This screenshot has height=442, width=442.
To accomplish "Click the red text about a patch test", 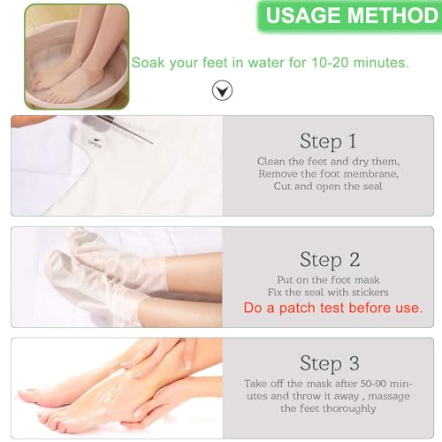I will pos(331,308).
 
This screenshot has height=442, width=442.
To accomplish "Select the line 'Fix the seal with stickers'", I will pos(329,293).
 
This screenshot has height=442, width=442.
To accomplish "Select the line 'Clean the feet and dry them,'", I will pos(329,162).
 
